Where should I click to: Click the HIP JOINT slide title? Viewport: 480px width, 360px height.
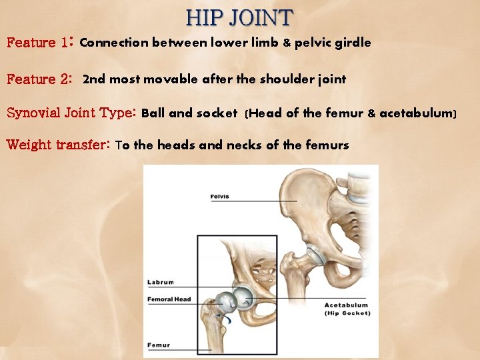pyautogui.click(x=240, y=17)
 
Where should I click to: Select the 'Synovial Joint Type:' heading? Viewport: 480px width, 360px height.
pyautogui.click(x=71, y=113)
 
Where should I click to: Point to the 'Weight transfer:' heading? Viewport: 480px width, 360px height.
pyautogui.click(x=58, y=145)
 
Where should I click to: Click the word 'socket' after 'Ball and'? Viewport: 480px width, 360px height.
pyautogui.click(x=217, y=113)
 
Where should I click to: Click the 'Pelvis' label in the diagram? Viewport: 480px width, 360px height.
pyautogui.click(x=221, y=197)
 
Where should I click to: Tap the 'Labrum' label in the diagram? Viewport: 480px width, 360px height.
pyautogui.click(x=160, y=283)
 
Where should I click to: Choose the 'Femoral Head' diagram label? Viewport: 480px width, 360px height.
pyautogui.click(x=169, y=299)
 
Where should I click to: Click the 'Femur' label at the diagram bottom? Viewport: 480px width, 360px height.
pyautogui.click(x=159, y=345)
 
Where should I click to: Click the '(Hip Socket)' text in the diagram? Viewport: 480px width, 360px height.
pyautogui.click(x=347, y=313)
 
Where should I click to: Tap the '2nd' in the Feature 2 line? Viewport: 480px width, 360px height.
pyautogui.click(x=94, y=79)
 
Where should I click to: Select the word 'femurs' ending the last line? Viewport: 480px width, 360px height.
pyautogui.click(x=327, y=145)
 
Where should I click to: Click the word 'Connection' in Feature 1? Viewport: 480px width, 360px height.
pyautogui.click(x=114, y=43)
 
